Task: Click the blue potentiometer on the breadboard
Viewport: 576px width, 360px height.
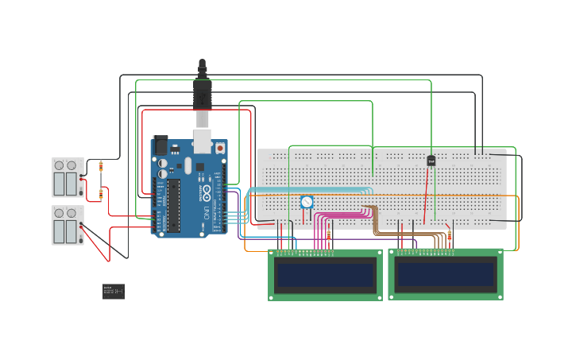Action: coord(307,202)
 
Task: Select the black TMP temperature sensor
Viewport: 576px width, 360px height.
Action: coord(431,161)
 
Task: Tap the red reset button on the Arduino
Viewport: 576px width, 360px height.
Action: coord(220,148)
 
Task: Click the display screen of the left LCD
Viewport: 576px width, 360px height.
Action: coord(325,275)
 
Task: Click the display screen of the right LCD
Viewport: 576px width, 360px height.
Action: coord(445,274)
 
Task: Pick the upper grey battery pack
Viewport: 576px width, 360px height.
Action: coord(67,177)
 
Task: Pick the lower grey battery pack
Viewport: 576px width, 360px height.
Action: coord(67,226)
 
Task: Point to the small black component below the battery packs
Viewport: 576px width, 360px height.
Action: coord(113,292)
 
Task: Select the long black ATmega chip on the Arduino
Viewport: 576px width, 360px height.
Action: coord(173,205)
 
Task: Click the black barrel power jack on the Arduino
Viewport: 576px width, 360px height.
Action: coord(160,145)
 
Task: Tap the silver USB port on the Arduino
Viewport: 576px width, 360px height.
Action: coord(203,140)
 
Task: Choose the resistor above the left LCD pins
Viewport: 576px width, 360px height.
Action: coord(328,235)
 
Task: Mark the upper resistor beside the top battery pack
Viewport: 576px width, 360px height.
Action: coord(100,166)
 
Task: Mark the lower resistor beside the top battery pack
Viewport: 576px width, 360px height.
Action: coord(100,193)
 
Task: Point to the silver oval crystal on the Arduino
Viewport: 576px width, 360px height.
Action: coord(188,165)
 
